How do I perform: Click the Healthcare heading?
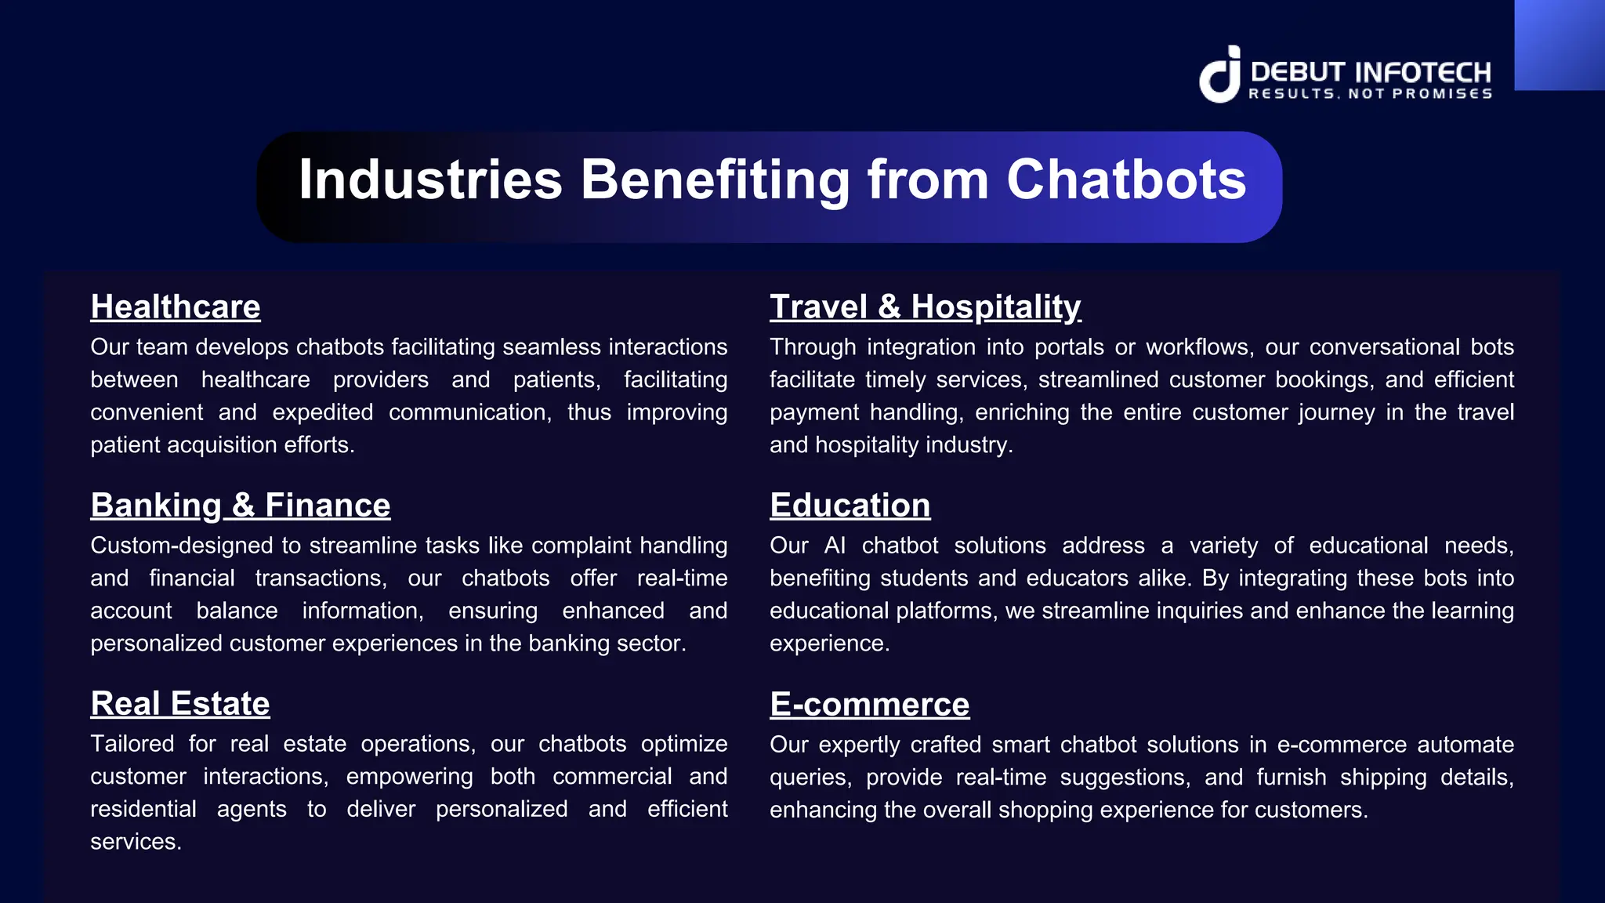176,306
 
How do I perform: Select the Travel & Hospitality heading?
925,306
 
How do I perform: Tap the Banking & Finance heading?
240,505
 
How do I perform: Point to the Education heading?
850,505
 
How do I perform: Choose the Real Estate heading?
180,703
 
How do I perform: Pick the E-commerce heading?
869,704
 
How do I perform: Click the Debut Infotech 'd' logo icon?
1219,74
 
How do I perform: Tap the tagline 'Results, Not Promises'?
1370,94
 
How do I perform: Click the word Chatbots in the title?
1126,180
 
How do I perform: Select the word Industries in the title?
430,180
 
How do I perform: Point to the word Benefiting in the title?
715,180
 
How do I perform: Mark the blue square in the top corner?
1559,45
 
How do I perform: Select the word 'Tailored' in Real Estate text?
132,744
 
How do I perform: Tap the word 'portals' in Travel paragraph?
1068,347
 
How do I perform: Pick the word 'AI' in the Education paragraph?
835,546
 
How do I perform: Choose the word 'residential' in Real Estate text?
143,809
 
